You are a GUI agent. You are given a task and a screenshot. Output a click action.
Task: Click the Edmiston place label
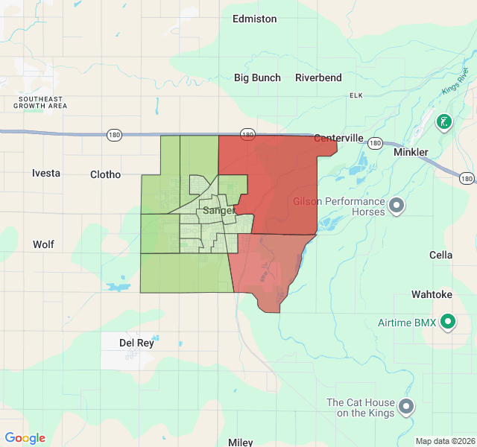(254, 19)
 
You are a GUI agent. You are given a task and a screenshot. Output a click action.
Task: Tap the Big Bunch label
(257, 77)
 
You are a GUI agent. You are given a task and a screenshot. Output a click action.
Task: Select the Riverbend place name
(318, 77)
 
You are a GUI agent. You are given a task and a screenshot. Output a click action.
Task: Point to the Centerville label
(338, 138)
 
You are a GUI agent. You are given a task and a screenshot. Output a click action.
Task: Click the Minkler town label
(411, 152)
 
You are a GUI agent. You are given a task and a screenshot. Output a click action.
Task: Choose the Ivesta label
(46, 173)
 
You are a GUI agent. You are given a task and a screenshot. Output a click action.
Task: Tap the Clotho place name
(105, 174)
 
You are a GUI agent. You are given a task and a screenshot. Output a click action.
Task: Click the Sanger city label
(218, 211)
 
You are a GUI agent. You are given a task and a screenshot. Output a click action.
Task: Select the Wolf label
(43, 244)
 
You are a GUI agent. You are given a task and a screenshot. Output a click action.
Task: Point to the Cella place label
(440, 255)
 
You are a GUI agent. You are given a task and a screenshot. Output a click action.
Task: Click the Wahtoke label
(432, 294)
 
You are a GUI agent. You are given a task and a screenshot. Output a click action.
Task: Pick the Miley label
(240, 442)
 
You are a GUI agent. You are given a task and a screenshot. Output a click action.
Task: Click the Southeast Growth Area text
(43, 102)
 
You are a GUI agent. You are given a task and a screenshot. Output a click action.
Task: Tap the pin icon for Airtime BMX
(448, 323)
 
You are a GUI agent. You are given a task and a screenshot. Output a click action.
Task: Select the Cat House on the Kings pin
(406, 406)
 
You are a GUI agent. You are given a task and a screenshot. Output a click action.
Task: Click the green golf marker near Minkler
(443, 121)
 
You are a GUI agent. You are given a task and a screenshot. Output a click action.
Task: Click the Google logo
(25, 438)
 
